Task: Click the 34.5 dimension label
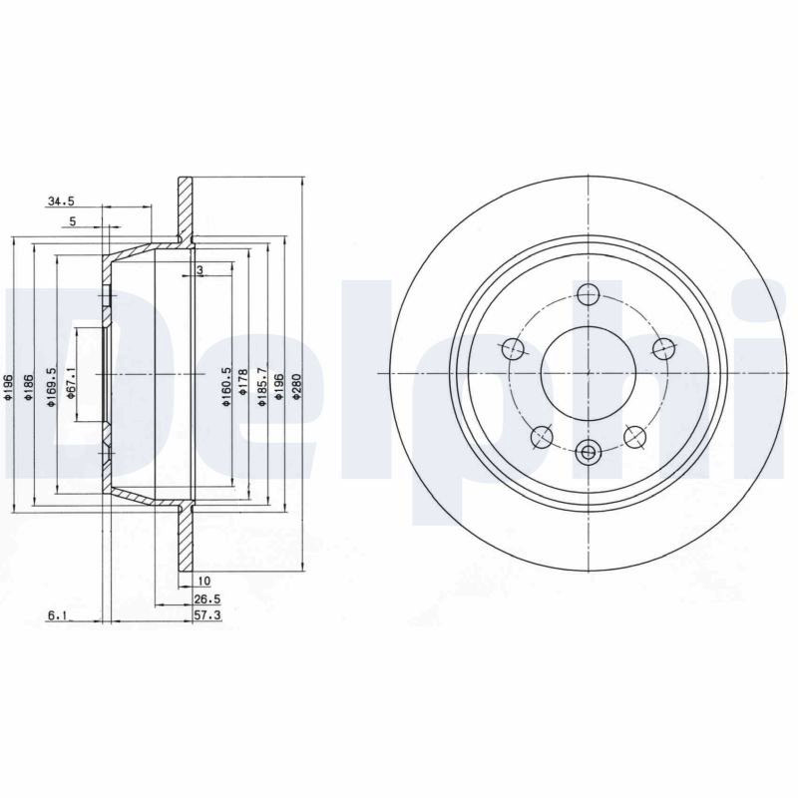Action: (61, 201)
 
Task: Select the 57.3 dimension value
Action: (207, 615)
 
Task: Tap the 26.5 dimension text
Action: (207, 599)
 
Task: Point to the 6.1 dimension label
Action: (58, 615)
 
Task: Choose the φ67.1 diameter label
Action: (71, 383)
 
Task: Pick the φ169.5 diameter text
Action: (51, 387)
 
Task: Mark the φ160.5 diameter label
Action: (226, 387)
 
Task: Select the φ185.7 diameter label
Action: (262, 387)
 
